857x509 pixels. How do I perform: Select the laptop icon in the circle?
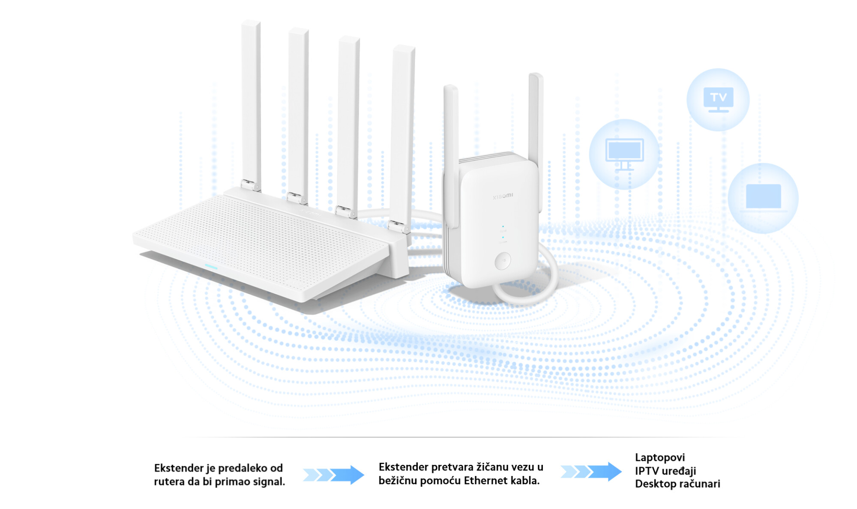pyautogui.click(x=763, y=197)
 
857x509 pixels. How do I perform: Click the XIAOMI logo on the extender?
pyautogui.click(x=503, y=196)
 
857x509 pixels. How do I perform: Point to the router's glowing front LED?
pyautogui.click(x=211, y=267)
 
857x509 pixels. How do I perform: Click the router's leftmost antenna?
pyautogui.click(x=251, y=103)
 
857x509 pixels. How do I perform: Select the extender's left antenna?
pyautogui.click(x=451, y=154)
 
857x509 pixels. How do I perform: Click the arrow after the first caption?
pyautogui.click(x=334, y=474)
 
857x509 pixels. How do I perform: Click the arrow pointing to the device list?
pyautogui.click(x=591, y=471)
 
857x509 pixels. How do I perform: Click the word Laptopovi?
pyautogui.click(x=659, y=458)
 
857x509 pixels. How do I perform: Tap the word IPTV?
pyautogui.click(x=647, y=471)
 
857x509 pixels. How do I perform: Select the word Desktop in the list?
pyautogui.click(x=653, y=484)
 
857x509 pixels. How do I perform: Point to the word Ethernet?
pyautogui.click(x=485, y=481)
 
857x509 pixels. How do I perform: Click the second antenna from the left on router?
pyautogui.click(x=298, y=111)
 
